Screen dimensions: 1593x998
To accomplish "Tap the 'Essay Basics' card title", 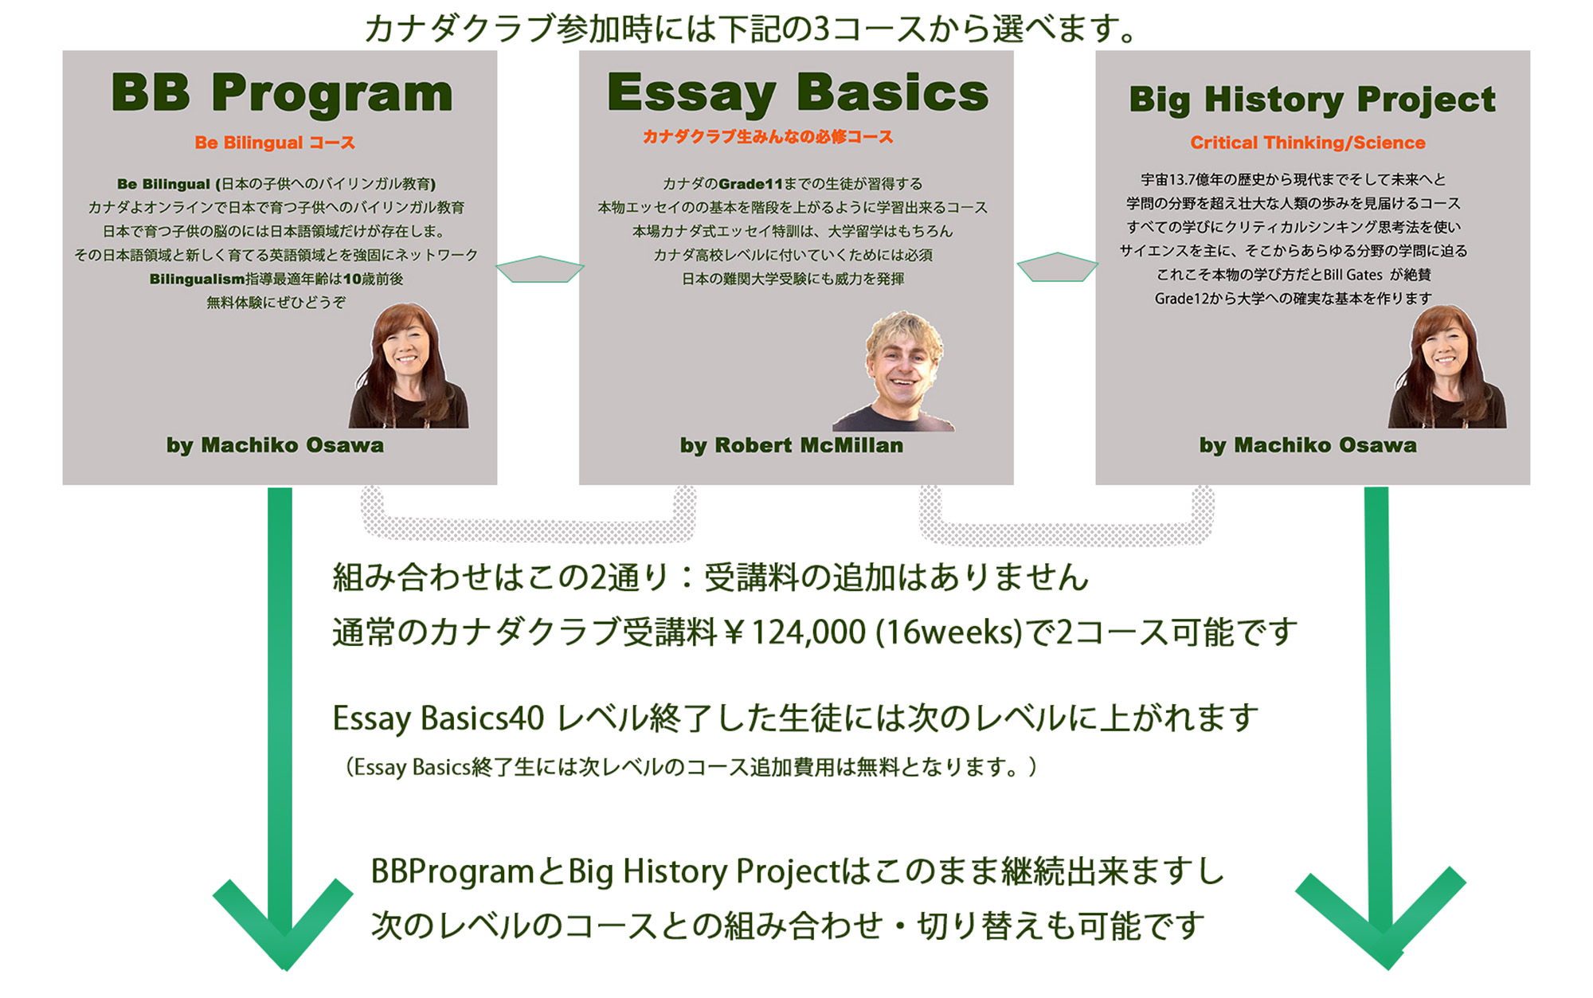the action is pyautogui.click(x=797, y=94).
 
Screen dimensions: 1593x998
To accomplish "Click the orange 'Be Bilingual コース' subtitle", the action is pyautogui.click(x=275, y=143).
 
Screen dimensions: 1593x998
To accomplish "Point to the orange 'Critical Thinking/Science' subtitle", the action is pyautogui.click(x=1308, y=143).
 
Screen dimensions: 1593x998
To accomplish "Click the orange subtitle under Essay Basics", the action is pyautogui.click(x=768, y=137).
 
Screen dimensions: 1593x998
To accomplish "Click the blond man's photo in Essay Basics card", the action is pyautogui.click(x=895, y=371).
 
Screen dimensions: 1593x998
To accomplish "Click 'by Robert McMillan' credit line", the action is pyautogui.click(x=792, y=445).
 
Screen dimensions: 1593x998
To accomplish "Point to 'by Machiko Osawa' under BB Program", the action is pyautogui.click(x=275, y=445).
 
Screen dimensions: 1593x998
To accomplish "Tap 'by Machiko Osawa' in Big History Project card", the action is pyautogui.click(x=1308, y=445).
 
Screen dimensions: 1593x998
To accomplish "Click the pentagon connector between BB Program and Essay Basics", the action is pyautogui.click(x=539, y=269).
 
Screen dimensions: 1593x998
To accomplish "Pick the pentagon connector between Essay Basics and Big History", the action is pyautogui.click(x=1057, y=267).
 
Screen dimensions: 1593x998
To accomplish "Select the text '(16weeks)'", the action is pyautogui.click(x=949, y=632).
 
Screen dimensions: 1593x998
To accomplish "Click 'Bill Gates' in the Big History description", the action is pyautogui.click(x=1353, y=275).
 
